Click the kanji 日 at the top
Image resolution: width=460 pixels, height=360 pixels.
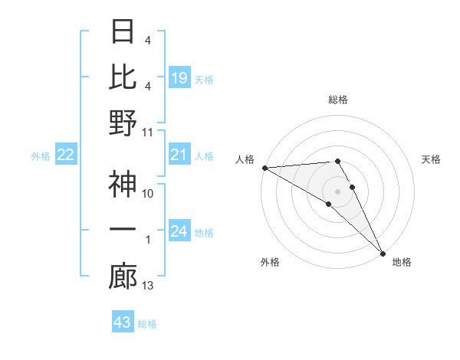(x=123, y=32)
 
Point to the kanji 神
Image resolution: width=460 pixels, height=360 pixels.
(x=123, y=185)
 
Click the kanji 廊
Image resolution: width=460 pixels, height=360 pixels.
(x=123, y=277)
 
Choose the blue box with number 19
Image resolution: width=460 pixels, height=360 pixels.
(x=179, y=78)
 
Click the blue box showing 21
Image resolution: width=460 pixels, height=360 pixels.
(x=179, y=155)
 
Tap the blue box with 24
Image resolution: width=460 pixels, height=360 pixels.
(x=179, y=232)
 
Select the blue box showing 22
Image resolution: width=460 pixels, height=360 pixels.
(x=66, y=155)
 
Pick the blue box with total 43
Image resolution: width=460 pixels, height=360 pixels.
(x=123, y=322)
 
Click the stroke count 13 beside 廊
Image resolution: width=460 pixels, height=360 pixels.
(x=148, y=286)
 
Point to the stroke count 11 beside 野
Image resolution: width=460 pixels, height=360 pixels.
(x=148, y=132)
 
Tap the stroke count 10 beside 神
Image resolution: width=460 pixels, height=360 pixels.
(x=148, y=194)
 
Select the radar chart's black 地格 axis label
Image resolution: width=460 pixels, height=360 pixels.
(x=402, y=262)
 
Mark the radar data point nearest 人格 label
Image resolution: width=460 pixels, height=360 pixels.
(x=264, y=168)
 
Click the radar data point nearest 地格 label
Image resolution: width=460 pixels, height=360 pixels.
(x=383, y=253)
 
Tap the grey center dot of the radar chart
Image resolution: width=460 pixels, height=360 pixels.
(x=337, y=191)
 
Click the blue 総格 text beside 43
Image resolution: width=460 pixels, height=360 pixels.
(x=147, y=323)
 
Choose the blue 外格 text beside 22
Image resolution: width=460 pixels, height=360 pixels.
(x=41, y=156)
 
